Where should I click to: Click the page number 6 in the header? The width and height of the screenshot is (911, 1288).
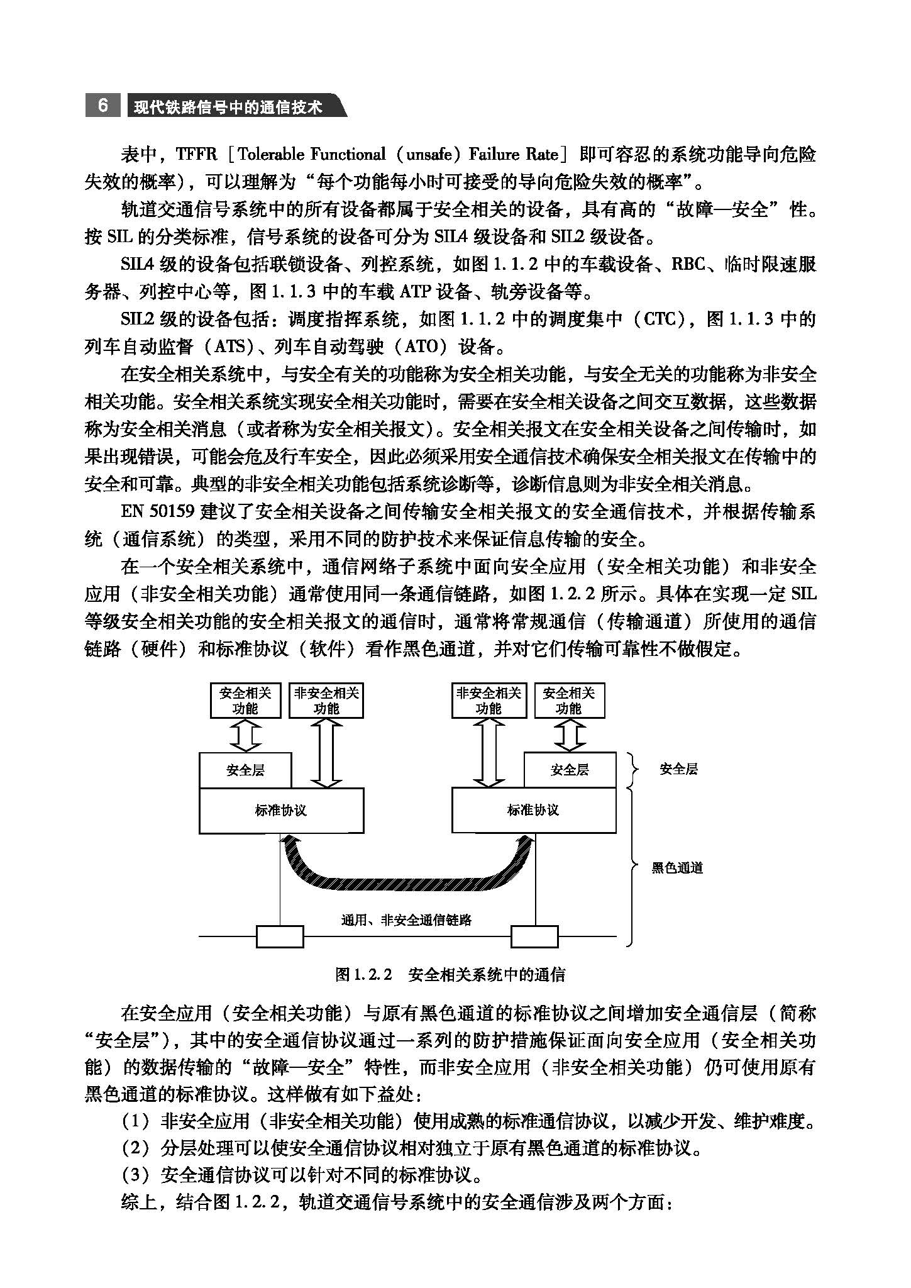tap(102, 106)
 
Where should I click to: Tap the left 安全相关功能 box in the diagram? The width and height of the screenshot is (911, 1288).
tap(245, 701)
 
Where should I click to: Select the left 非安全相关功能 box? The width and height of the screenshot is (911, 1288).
tap(326, 701)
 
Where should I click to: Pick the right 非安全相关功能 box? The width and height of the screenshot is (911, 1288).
tap(489, 701)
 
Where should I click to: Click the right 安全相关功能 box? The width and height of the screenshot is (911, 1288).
tap(569, 701)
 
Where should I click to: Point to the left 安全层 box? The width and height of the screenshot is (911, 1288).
tap(245, 770)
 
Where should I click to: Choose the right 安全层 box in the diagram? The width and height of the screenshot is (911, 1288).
tap(570, 770)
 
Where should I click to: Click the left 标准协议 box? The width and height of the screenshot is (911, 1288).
tap(281, 810)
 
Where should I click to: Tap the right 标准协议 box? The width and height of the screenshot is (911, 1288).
tap(533, 810)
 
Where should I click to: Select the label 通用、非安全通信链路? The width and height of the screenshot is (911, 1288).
tap(406, 920)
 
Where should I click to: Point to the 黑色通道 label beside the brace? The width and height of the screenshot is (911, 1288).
tap(677, 868)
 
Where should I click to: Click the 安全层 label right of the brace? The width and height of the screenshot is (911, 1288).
tap(678, 769)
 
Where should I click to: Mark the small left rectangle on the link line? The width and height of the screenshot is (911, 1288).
tap(280, 936)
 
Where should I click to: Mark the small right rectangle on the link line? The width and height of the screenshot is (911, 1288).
tap(534, 936)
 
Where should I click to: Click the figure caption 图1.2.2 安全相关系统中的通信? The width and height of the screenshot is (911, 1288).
tap(450, 975)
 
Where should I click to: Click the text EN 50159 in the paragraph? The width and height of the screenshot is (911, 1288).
tap(157, 511)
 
